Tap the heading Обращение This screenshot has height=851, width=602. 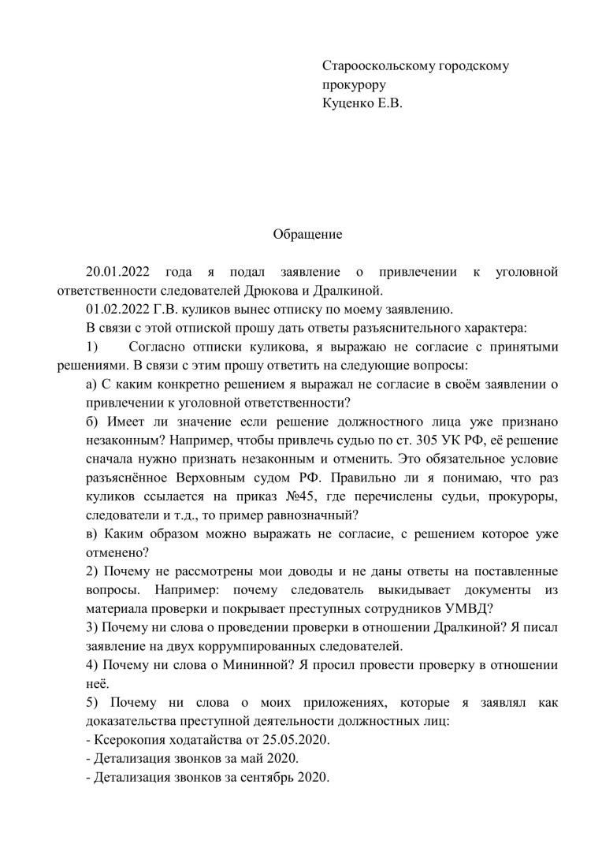pos(307,234)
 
